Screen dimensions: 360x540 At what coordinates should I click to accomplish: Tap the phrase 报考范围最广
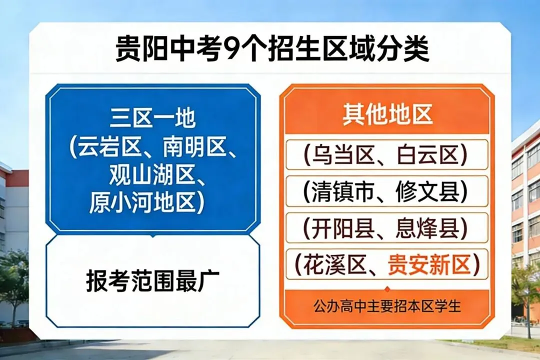(152, 281)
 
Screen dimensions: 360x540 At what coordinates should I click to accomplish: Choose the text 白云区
(428, 155)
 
